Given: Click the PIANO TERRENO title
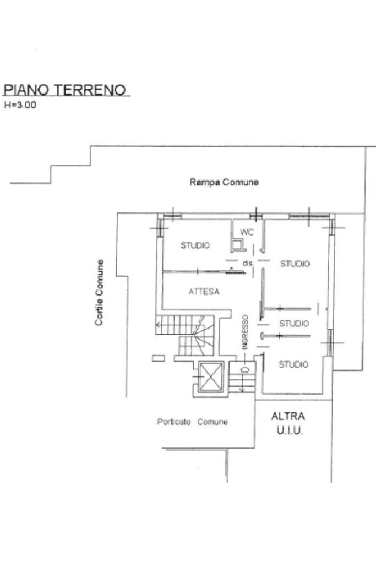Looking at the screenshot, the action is tap(65, 90).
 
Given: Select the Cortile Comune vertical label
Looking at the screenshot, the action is tap(100, 292).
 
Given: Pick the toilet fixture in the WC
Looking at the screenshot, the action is tap(237, 243).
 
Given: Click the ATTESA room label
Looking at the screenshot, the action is tap(204, 292).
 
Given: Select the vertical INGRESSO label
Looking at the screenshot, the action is tap(246, 332).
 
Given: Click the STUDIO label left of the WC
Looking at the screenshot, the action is tap(195, 245).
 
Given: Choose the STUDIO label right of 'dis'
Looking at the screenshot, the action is tap(295, 264).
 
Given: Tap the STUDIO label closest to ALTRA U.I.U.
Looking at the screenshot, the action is tap(293, 364).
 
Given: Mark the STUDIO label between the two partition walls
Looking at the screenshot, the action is tap(294, 324).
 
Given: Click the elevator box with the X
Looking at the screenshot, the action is tap(210, 379).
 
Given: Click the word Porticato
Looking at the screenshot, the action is tap(174, 422).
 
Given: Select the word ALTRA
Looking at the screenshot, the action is tap(288, 417).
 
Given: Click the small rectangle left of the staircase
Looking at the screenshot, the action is tap(159, 358).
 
